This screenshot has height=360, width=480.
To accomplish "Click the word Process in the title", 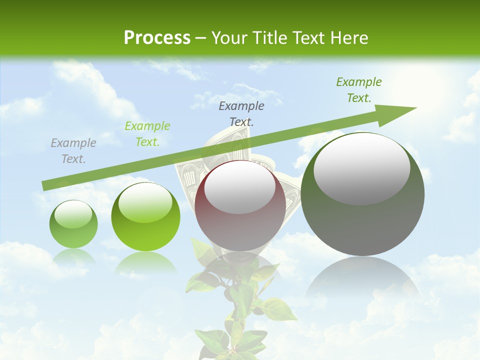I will tap(157, 38).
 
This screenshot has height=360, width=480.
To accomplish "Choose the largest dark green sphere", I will tap(362, 195).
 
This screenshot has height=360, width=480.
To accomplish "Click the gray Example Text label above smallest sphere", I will tap(73, 151).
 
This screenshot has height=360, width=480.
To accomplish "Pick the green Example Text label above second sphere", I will tap(147, 134).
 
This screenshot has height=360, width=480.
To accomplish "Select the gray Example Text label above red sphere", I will tap(241, 113).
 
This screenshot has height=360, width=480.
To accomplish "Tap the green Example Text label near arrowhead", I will tap(359, 90).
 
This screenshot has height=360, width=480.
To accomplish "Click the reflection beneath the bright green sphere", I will tap(145, 262).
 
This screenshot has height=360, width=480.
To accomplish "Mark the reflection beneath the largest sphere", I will tap(362, 277).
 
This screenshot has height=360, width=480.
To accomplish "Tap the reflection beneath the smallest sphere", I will tap(73, 256).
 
